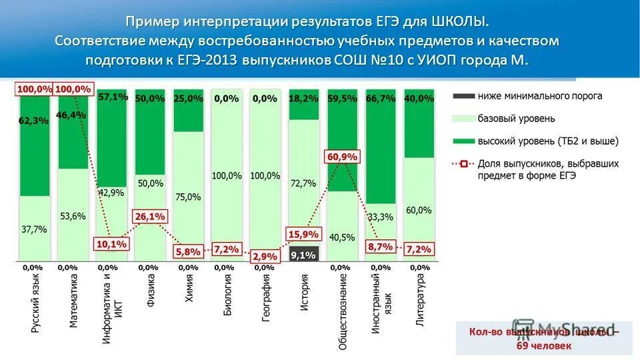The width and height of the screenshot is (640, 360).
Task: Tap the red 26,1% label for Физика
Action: pos(150,217)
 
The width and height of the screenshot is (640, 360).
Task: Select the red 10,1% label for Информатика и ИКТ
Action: pos(111,245)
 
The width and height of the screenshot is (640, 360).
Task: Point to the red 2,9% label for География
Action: pos(265,257)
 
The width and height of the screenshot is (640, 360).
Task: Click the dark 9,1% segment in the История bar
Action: pos(303,254)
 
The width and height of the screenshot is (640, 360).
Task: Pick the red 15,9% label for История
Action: pos(304,234)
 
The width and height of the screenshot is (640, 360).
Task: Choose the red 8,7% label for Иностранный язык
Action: pos(379,246)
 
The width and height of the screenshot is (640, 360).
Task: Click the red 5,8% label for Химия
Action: pos(187,251)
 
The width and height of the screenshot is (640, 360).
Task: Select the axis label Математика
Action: pos(73,299)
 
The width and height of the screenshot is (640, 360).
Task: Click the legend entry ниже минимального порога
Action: pos(539,96)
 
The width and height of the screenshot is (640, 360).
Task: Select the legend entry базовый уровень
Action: pos(517,119)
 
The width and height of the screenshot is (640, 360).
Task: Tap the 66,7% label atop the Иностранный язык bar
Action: pos(381,98)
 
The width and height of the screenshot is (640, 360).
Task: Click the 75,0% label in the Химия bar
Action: pos(188,197)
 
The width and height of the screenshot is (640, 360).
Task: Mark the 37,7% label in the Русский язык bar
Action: pos(35,229)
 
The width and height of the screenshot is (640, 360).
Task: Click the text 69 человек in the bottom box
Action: pos(544,345)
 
